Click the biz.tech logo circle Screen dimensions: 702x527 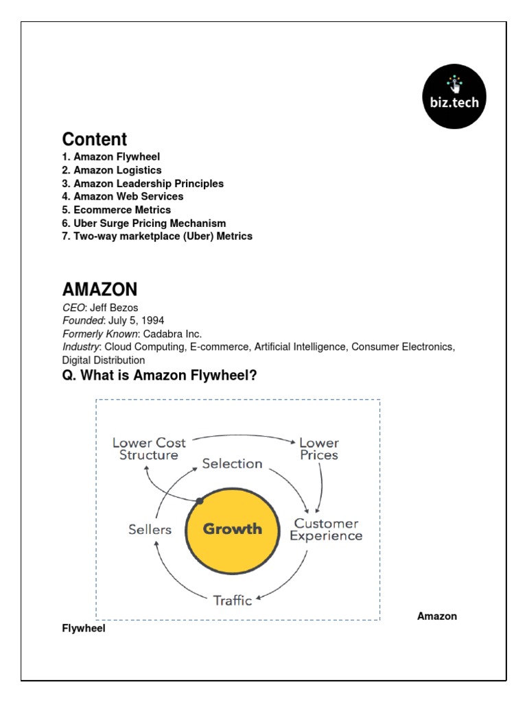(x=454, y=97)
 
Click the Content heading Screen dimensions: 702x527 (x=95, y=139)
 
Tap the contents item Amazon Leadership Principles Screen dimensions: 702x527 (x=143, y=184)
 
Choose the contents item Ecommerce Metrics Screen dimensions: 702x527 (x=116, y=210)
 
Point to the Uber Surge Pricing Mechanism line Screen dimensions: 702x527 (x=143, y=223)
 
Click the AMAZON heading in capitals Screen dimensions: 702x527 (x=99, y=289)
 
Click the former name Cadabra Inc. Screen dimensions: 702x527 (x=172, y=334)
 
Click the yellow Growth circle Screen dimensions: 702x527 (x=232, y=529)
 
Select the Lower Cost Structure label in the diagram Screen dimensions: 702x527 (x=149, y=449)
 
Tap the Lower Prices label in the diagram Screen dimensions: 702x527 (x=318, y=449)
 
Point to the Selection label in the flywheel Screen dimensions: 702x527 (x=232, y=463)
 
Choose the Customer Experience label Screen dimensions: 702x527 (x=325, y=529)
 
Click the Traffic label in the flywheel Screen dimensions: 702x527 (x=233, y=601)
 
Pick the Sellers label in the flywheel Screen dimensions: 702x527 (x=150, y=529)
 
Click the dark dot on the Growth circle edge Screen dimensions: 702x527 (x=200, y=501)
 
